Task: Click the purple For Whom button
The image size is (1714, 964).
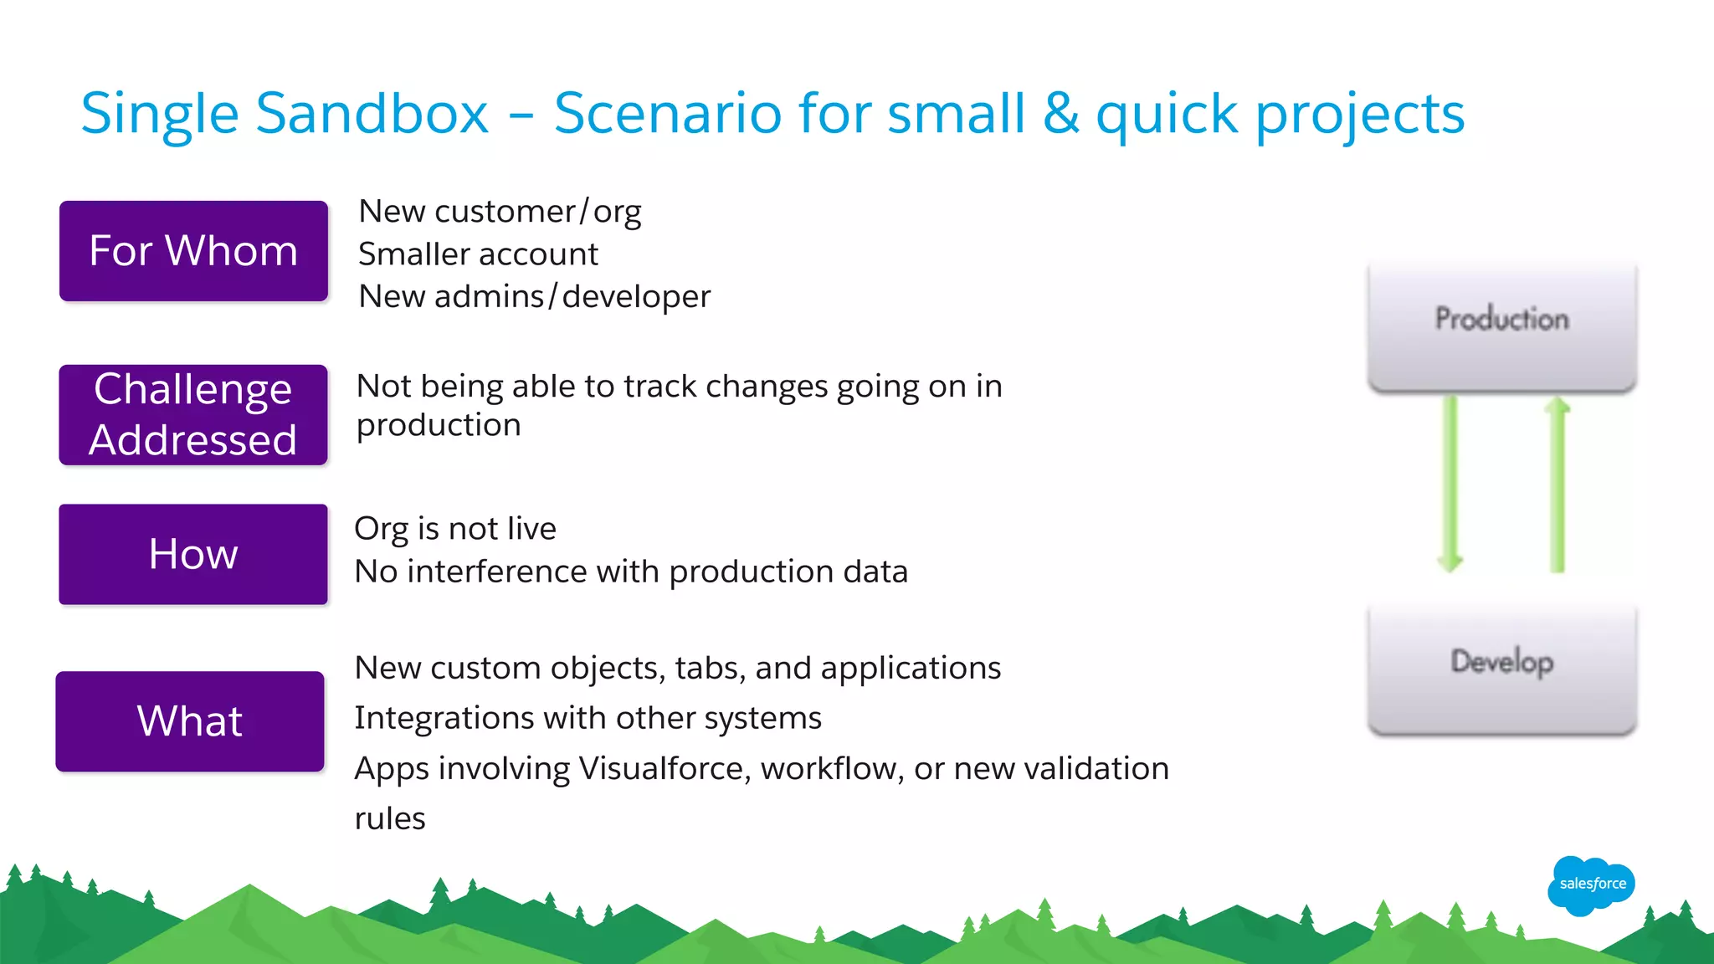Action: coord(193,251)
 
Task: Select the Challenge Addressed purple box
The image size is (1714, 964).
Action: coord(193,415)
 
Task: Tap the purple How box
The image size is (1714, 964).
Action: coord(193,554)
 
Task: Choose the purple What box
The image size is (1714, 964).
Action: coord(190,721)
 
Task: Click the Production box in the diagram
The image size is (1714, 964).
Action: coord(1501,326)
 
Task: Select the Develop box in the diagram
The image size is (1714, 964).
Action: coord(1501,669)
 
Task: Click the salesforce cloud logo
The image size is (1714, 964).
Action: coord(1591,885)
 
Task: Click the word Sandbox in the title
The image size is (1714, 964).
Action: coord(372,113)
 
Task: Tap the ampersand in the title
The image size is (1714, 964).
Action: coord(1060,113)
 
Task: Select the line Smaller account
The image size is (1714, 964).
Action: coord(478,254)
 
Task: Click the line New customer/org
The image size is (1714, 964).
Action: coord(500,212)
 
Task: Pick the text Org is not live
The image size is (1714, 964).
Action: coord(455,529)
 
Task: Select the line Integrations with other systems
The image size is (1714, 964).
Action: coord(588,718)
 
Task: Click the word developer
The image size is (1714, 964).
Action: coord(636,296)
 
